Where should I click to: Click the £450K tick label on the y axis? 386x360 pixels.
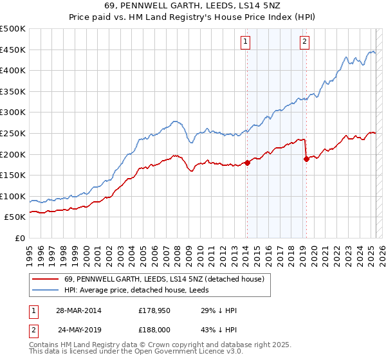point(14,50)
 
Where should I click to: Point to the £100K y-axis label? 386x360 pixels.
point(14,196)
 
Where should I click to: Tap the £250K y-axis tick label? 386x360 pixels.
point(14,133)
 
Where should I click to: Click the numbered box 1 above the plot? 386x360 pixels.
point(246,43)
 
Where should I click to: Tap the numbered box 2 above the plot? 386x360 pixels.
point(304,43)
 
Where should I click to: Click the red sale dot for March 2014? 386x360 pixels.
point(247,163)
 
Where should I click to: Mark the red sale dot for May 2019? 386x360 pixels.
point(306,159)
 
